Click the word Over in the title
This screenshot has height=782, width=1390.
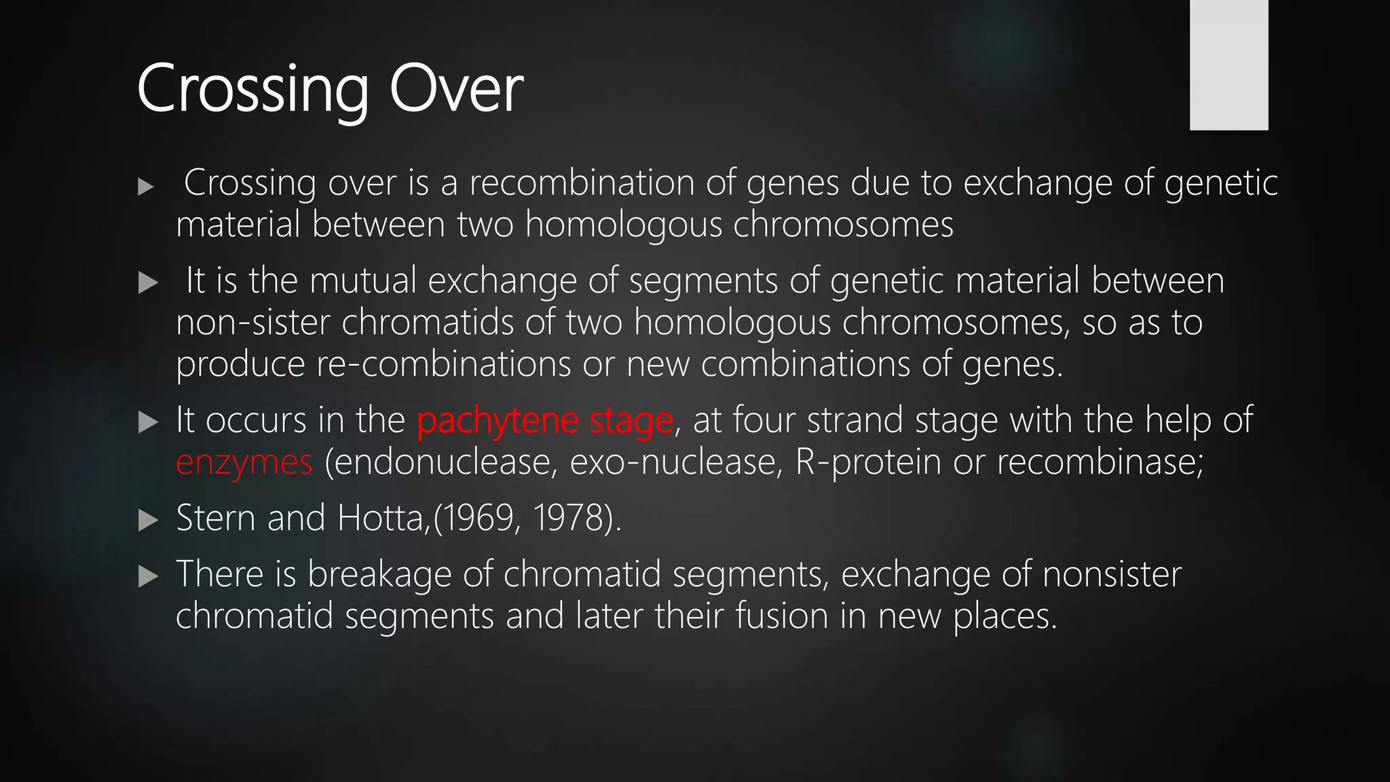click(x=456, y=89)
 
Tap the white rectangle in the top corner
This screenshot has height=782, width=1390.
click(x=1228, y=64)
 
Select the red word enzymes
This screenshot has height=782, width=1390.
click(x=244, y=462)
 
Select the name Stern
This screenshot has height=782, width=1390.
click(x=216, y=518)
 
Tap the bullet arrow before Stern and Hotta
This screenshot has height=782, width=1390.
click(x=147, y=521)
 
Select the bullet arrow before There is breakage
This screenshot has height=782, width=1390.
click(x=147, y=577)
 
